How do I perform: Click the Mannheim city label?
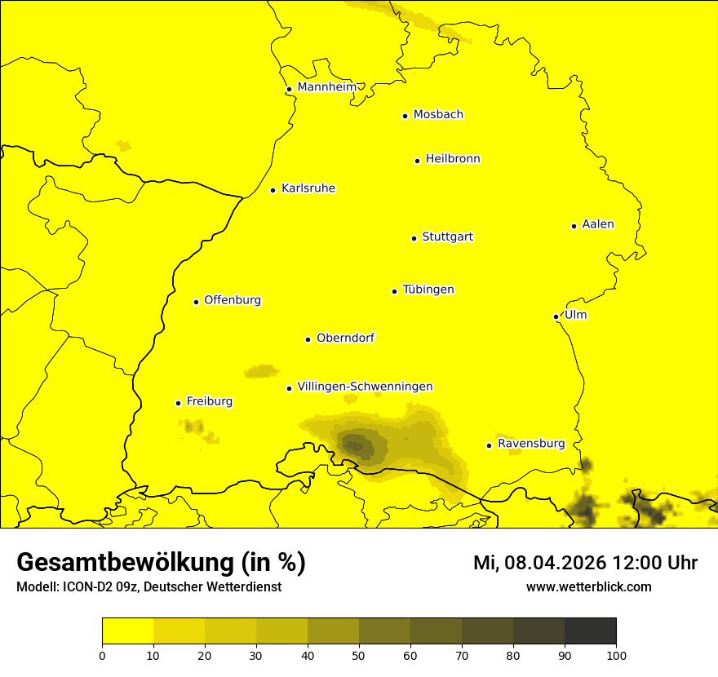326,87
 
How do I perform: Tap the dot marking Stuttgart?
414,238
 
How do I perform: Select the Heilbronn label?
453,159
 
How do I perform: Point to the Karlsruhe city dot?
273,190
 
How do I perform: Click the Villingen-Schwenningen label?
365,387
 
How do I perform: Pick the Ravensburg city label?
531,444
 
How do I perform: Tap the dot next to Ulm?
556,316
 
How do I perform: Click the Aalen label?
598,224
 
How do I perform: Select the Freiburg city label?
209,401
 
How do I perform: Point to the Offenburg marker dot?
196,302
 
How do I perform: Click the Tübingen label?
428,290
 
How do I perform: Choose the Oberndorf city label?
345,338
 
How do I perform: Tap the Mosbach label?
438,115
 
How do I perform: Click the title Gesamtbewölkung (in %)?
161,563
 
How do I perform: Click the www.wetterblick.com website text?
588,586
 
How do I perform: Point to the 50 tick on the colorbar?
359,655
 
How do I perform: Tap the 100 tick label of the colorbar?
616,655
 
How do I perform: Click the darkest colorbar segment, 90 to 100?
590,631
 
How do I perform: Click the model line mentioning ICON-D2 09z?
148,587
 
